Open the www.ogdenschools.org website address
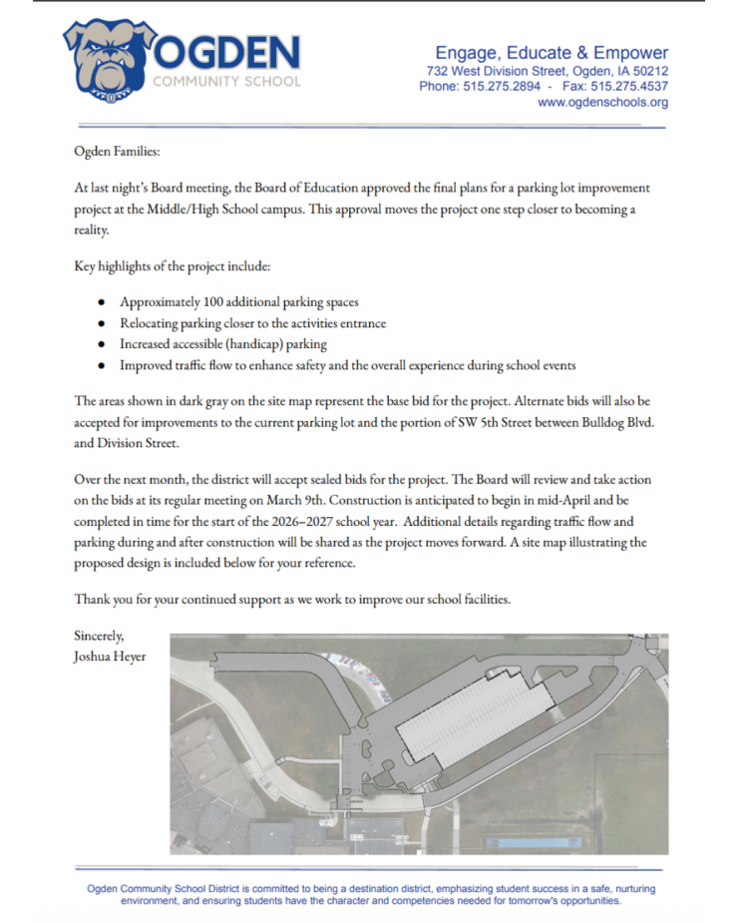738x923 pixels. pos(602,102)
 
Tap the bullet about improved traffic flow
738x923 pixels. pos(347,365)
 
